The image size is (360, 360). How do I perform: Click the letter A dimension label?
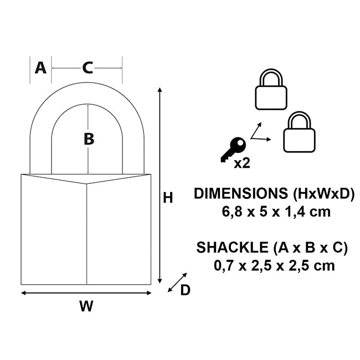(x=40, y=68)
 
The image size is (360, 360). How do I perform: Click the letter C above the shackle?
(x=88, y=68)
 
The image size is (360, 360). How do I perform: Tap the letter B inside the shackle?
(x=89, y=139)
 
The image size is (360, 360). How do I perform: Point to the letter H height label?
(x=168, y=197)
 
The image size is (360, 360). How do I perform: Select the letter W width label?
(x=86, y=306)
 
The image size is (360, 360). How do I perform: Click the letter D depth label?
(x=185, y=290)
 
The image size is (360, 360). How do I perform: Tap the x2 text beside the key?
(x=241, y=163)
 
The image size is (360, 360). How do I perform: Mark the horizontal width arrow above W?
(x=86, y=292)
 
